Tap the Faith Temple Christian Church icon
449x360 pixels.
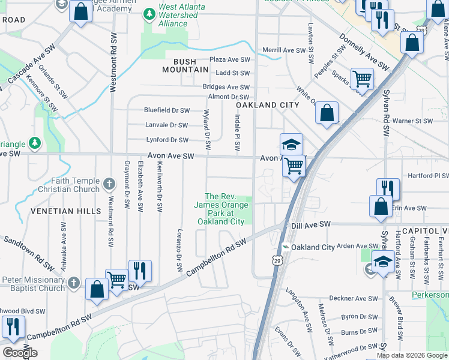click(109, 183)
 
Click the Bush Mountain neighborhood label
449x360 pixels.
click(186, 65)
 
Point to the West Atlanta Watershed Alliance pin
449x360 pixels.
click(149, 13)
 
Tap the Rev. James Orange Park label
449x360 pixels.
click(220, 209)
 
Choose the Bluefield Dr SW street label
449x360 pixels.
click(166, 110)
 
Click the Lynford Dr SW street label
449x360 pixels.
click(167, 140)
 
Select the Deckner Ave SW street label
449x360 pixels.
click(353, 298)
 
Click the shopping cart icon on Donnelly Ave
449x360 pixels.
click(362, 77)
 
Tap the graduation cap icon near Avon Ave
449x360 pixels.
click(291, 144)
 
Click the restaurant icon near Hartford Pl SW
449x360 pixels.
click(388, 188)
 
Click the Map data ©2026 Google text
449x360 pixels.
click(412, 355)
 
